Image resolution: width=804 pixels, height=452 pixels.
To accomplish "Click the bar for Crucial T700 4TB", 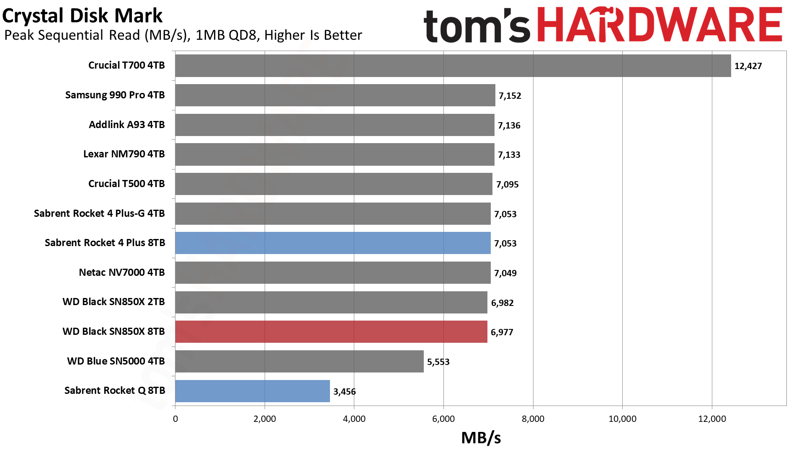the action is coord(453,66).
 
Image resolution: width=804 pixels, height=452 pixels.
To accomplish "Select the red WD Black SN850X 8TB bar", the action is coord(331,332).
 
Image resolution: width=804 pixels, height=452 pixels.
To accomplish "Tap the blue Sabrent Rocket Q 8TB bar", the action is coord(253,391).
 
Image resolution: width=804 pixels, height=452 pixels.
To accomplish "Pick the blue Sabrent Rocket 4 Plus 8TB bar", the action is coord(333,243).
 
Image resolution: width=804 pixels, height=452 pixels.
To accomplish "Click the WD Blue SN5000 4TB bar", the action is coord(299,362).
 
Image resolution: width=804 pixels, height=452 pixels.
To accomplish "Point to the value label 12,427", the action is coord(748,66).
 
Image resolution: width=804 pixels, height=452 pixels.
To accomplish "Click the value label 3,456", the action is coord(345,392).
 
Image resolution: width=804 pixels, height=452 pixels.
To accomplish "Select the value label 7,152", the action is coord(510,96).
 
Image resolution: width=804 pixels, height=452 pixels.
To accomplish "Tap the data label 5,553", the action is coord(438,362).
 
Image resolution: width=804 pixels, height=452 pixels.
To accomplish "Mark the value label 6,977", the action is coord(502,332).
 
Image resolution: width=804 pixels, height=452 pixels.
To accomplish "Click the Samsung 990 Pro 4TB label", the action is coord(115,95).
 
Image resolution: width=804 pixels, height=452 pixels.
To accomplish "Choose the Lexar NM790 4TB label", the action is coord(124,154).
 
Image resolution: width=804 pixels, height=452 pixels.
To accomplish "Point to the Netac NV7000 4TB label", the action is coord(122,272).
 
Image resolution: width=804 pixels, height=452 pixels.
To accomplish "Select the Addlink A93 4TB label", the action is coord(127,125).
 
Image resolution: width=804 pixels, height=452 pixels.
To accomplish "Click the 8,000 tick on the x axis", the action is coord(533,419).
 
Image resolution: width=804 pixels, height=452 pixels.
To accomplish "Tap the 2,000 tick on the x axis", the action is coord(265,419).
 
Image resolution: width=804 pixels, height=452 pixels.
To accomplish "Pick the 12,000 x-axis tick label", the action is coord(712,419).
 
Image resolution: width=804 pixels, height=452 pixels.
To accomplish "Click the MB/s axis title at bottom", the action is coord(481,438).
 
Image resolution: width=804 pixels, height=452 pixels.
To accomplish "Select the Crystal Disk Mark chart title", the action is coord(82,16).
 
